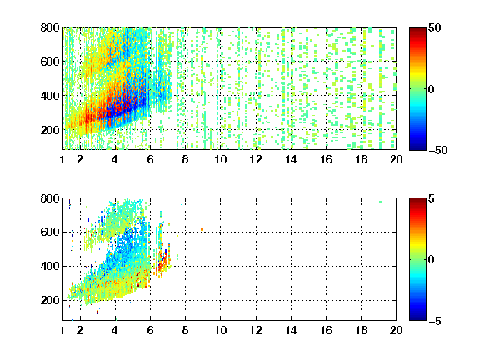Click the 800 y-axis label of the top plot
[50, 27]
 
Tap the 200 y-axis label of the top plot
[50, 130]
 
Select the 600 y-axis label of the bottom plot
[50, 232]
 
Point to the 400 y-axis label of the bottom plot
[50, 266]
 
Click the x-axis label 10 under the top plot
[220, 159]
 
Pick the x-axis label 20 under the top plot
[396, 159]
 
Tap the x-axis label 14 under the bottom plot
[291, 330]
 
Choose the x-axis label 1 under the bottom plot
[62, 330]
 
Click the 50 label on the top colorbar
[434, 27]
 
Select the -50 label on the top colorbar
[437, 150]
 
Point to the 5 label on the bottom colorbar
[432, 198]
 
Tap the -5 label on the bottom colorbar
[434, 321]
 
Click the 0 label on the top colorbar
[432, 89]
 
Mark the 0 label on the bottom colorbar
[432, 260]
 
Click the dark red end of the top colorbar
[417, 30]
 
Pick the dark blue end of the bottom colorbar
[417, 317]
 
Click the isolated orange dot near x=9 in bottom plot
[202, 229]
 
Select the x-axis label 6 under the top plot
[150, 159]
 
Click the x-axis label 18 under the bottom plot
[361, 330]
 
